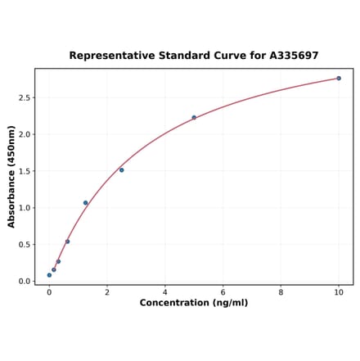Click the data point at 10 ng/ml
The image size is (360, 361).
coord(339,79)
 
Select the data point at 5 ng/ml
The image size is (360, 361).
coord(194,117)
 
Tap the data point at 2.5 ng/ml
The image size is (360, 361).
coord(121,170)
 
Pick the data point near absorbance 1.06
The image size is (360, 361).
coord(85,203)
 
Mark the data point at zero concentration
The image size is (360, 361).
coord(49,275)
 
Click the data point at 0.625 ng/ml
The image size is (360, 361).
coord(67,241)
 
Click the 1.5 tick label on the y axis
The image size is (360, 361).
coord(24,171)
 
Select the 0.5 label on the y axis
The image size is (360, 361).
coord(24,245)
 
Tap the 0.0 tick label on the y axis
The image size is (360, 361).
coord(24,282)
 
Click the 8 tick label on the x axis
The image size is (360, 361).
coord(281,292)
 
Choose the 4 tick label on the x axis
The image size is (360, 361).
coord(164,292)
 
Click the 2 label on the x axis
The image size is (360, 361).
coord(107,292)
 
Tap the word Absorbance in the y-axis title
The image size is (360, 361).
coord(11,194)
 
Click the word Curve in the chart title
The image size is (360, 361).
coord(221,56)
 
